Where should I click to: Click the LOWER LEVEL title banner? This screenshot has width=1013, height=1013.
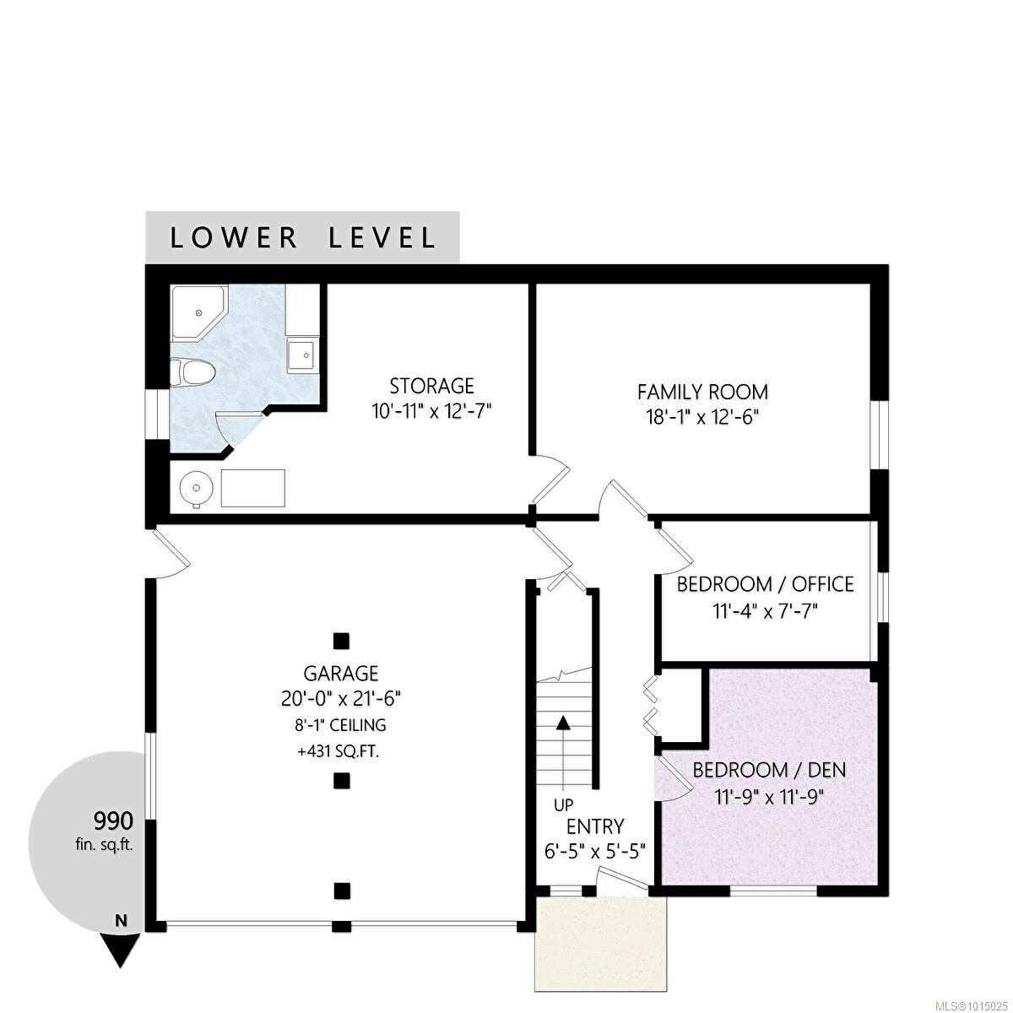[302, 237]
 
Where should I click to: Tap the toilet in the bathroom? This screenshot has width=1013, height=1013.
[192, 372]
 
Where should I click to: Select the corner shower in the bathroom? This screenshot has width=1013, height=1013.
[198, 314]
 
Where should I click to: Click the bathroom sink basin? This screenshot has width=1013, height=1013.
[302, 355]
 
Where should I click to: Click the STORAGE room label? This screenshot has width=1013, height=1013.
[431, 387]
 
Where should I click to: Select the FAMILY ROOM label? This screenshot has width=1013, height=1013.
[703, 393]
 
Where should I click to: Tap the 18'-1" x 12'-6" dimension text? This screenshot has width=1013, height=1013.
[703, 417]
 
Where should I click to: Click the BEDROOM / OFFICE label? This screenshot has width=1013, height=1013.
[766, 584]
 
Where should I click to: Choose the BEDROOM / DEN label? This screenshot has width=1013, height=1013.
[770, 770]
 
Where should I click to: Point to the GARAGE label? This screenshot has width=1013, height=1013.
[341, 674]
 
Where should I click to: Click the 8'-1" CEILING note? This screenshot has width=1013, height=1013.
[340, 725]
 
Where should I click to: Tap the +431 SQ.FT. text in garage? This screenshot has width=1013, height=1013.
[338, 752]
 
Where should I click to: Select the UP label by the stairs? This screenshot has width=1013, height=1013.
[564, 804]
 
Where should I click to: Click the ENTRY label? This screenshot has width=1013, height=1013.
[595, 827]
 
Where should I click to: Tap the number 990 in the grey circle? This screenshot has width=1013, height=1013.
[113, 820]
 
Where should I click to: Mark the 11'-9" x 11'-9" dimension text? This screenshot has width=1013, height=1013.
[768, 797]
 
